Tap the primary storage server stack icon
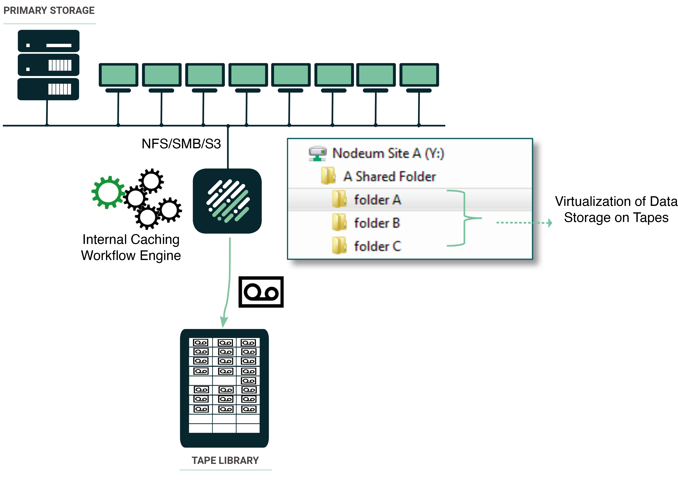(48, 65)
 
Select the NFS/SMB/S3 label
(181, 144)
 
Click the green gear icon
(108, 192)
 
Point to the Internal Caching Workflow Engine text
(131, 247)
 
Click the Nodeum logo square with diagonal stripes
(227, 201)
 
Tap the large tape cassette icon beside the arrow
(261, 292)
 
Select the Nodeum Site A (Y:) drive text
(388, 153)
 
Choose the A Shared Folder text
(389, 177)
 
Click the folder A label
(377, 200)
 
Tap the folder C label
(377, 246)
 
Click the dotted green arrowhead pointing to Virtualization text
(550, 223)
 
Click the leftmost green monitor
(118, 75)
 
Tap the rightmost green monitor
(419, 75)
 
